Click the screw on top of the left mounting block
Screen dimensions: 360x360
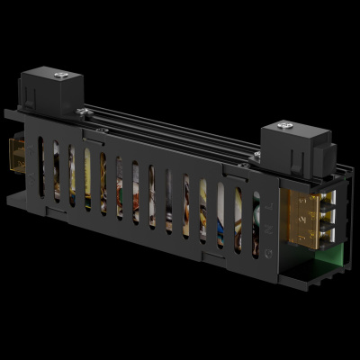pyautogui.click(x=60, y=76)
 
